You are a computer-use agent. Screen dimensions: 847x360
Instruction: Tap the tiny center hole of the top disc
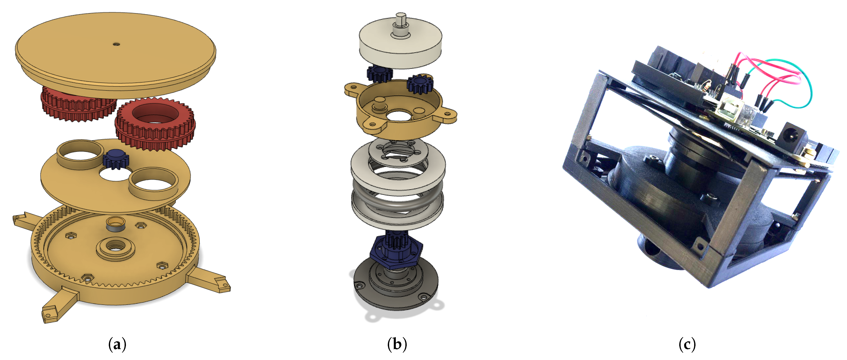click(x=116, y=44)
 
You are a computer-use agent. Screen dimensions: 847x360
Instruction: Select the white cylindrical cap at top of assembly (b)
click(x=400, y=44)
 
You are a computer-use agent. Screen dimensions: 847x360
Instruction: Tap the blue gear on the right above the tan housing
click(x=420, y=84)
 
